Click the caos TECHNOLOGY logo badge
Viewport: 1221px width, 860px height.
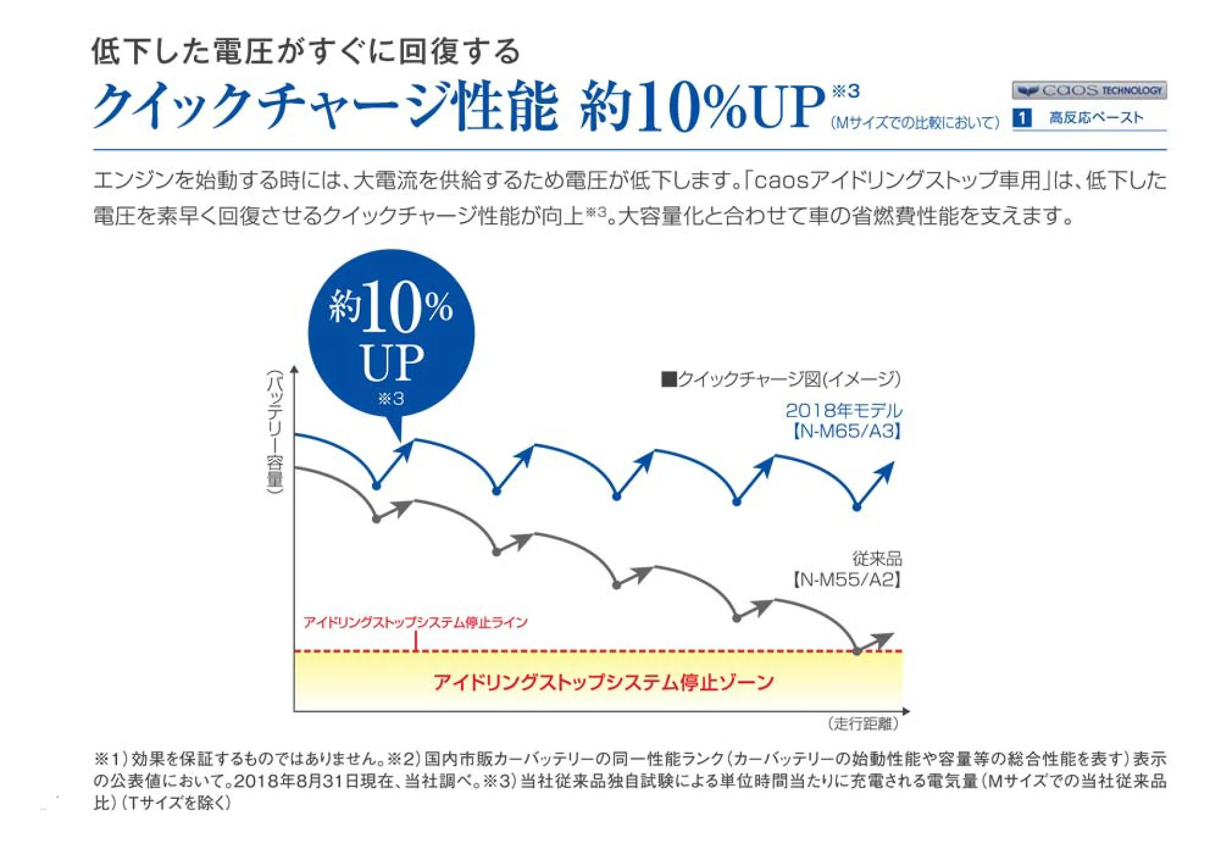pyautogui.click(x=1089, y=90)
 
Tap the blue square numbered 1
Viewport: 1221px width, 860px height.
pyautogui.click(x=1021, y=118)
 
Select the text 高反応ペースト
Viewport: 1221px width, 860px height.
pyautogui.click(x=1096, y=118)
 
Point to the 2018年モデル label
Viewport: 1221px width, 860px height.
pyautogui.click(x=843, y=410)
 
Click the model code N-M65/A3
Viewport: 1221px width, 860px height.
pyautogui.click(x=846, y=431)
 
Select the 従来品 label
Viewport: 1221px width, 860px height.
pyautogui.click(x=877, y=558)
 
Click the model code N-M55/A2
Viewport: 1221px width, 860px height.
pyautogui.click(x=846, y=579)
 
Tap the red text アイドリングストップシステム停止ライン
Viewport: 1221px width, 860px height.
pyautogui.click(x=415, y=622)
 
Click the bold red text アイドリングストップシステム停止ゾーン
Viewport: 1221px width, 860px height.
pyautogui.click(x=603, y=683)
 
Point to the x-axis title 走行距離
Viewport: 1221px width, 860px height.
pyautogui.click(x=863, y=723)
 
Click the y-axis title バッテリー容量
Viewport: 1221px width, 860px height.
pyautogui.click(x=275, y=431)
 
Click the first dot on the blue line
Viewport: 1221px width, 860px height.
pyautogui.click(x=376, y=486)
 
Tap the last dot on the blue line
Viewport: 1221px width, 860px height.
pyautogui.click(x=857, y=507)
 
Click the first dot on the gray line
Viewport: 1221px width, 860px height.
pyautogui.click(x=376, y=519)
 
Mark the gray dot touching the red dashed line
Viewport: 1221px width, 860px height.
pyautogui.click(x=857, y=651)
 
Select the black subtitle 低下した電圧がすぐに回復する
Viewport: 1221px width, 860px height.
pyautogui.click(x=306, y=52)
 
